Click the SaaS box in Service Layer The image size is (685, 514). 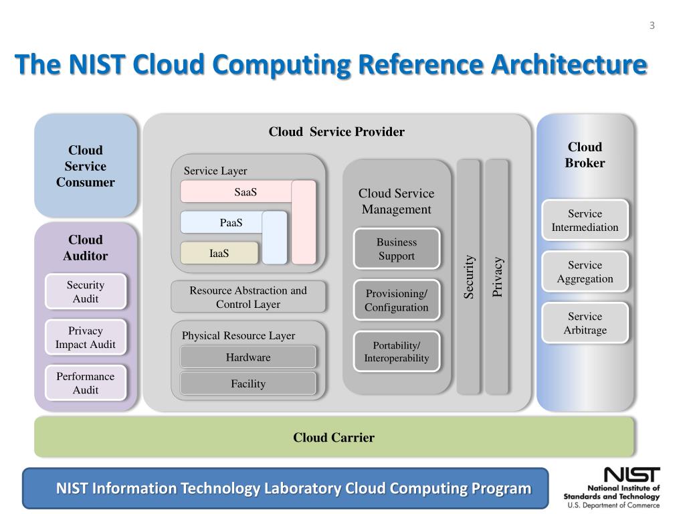(x=245, y=191)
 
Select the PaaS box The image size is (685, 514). (x=231, y=222)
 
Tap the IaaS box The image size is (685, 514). (x=219, y=253)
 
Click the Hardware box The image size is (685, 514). (x=248, y=357)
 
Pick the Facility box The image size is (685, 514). (x=248, y=383)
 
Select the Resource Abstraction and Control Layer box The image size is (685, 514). (x=248, y=296)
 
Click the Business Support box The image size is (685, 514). (x=396, y=249)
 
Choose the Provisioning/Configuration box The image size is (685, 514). (x=396, y=300)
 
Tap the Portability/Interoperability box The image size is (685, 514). (x=396, y=351)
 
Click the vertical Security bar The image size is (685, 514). (x=468, y=276)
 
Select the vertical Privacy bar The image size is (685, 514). (x=497, y=276)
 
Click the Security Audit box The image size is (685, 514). (x=86, y=292)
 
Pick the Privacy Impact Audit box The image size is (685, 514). (x=86, y=337)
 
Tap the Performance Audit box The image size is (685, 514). (x=86, y=383)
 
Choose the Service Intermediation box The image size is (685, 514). (x=585, y=220)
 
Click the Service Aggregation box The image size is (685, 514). (x=585, y=272)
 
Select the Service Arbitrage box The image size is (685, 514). (x=585, y=323)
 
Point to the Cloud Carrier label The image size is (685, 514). (x=334, y=437)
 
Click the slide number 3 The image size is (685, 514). (x=652, y=25)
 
